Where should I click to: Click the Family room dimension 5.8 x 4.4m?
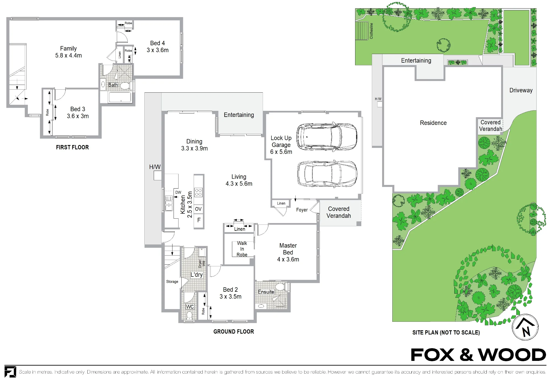(68, 55)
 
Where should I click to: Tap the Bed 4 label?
(158, 43)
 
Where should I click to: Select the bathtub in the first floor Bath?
(120, 97)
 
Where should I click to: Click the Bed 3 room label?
(78, 109)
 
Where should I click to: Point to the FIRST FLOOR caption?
(72, 147)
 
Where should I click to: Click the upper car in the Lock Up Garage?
(327, 136)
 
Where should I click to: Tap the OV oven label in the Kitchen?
(198, 209)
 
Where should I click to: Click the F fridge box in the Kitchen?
(199, 220)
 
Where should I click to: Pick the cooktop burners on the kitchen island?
(198, 192)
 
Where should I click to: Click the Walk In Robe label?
(242, 249)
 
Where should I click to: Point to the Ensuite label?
(266, 292)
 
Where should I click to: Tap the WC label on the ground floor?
(190, 307)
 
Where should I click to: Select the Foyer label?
(302, 210)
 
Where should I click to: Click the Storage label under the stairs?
(172, 282)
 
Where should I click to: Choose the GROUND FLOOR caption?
(234, 332)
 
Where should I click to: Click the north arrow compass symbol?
(525, 327)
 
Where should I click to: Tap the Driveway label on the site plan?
(521, 90)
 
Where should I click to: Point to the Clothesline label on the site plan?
(371, 31)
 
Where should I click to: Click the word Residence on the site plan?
(433, 123)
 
